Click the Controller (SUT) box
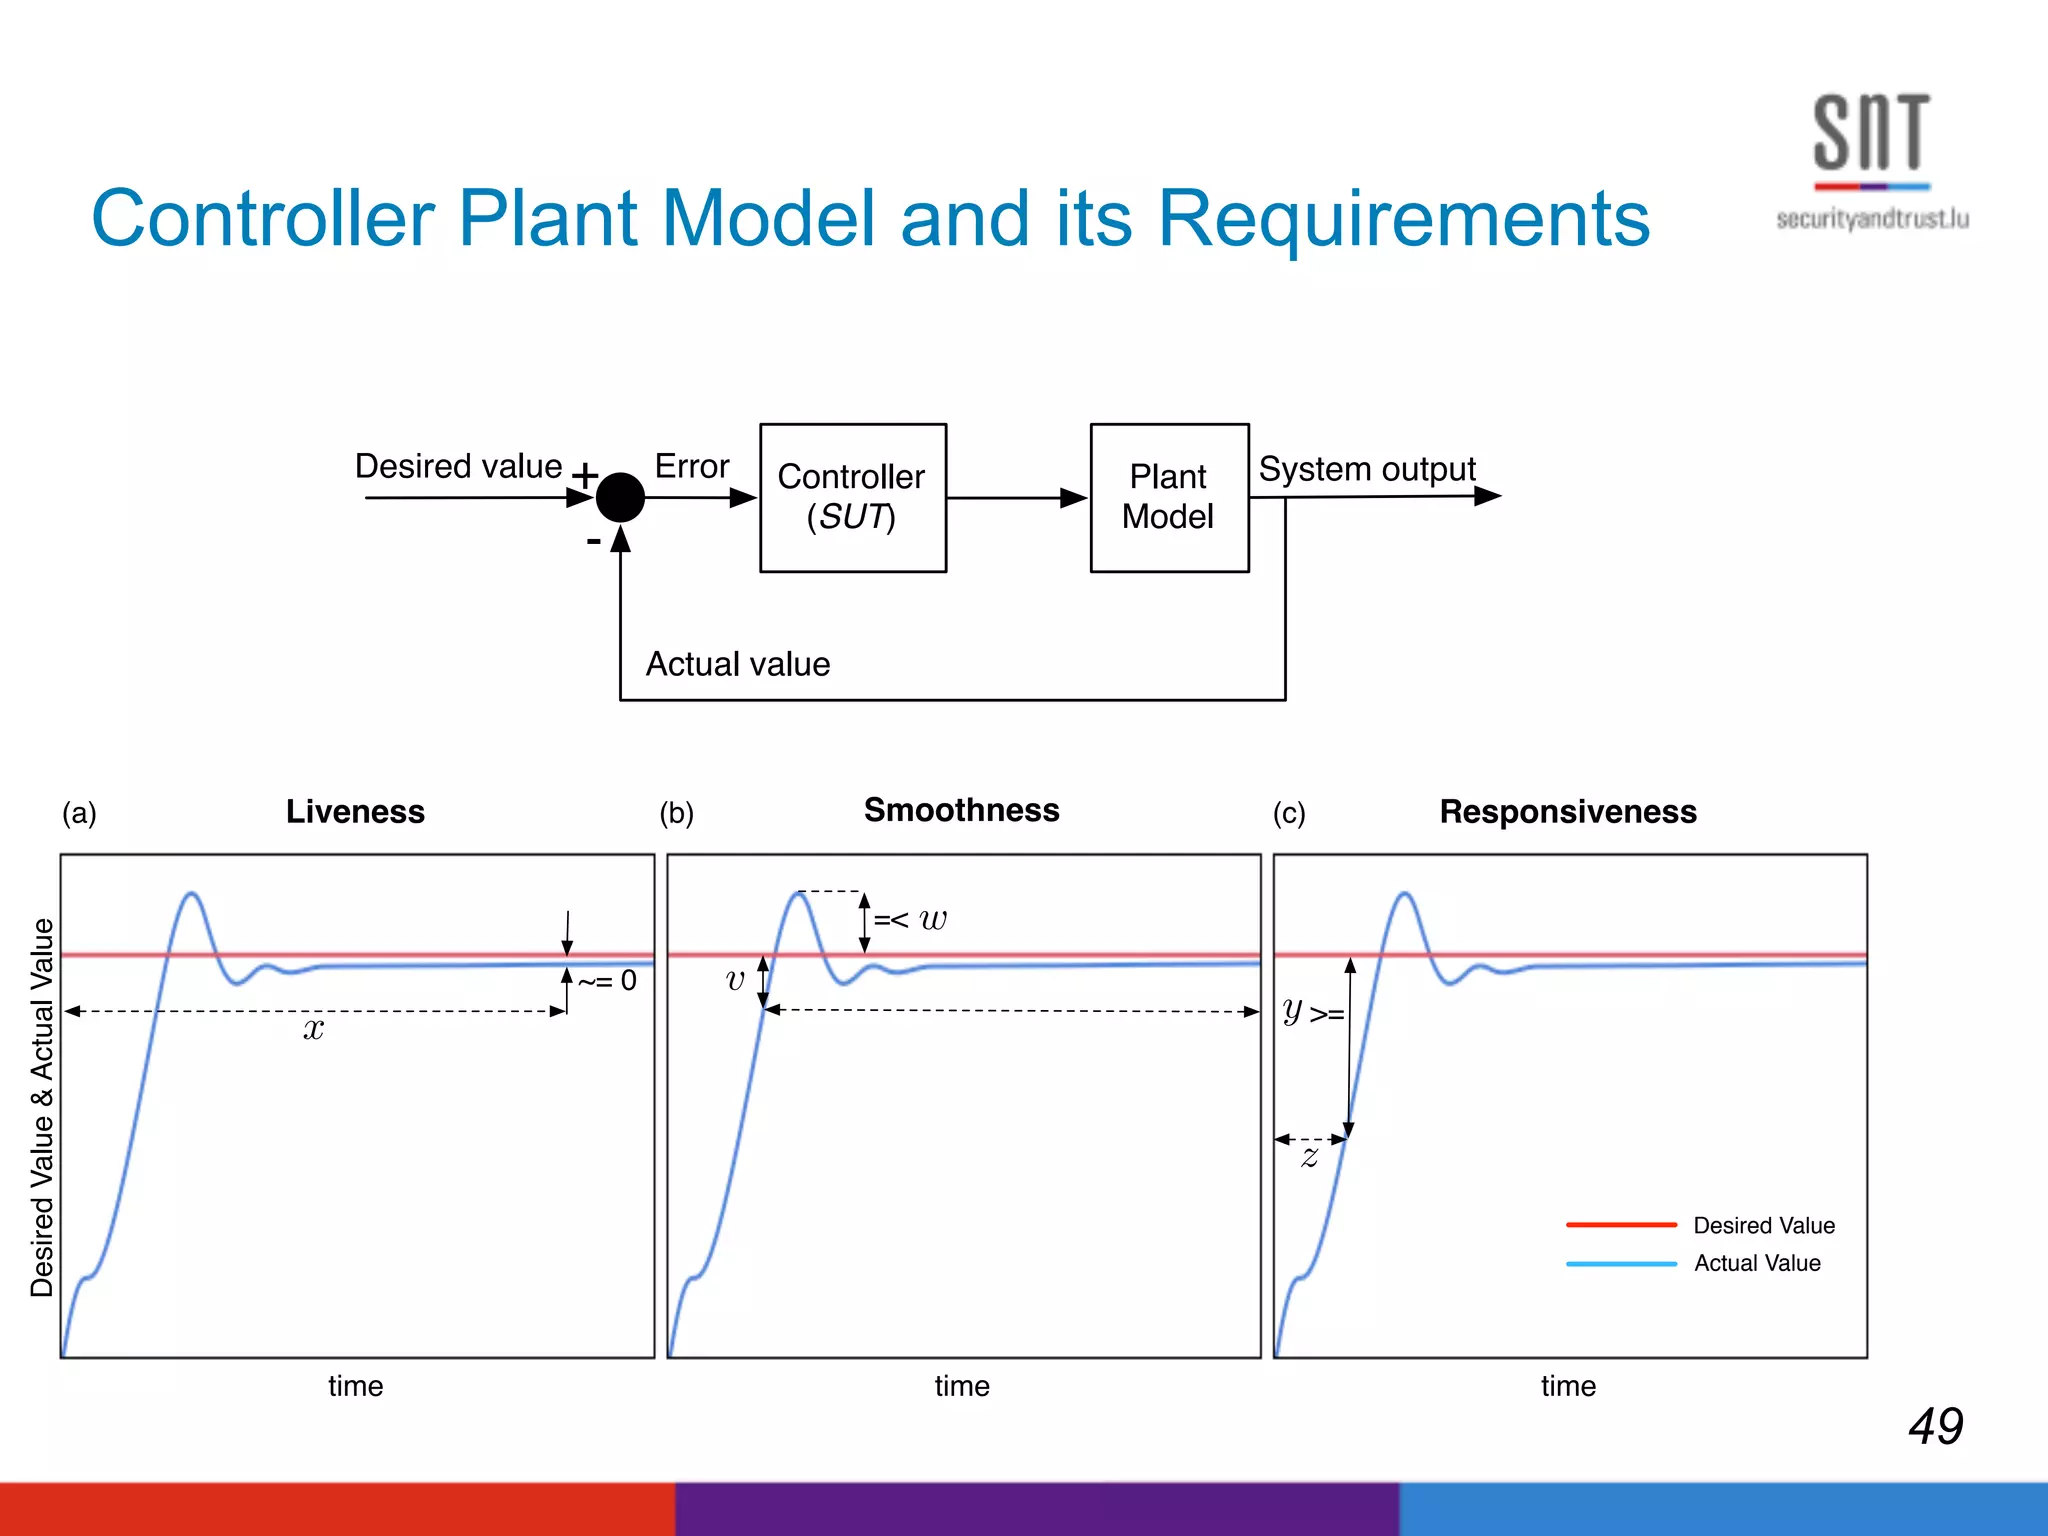pos(852,497)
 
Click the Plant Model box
pos(1168,497)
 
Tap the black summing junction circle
pos(620,497)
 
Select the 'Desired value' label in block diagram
pos(458,466)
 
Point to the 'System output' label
pos(1366,468)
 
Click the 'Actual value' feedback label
pos(737,664)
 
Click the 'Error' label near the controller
pos(691,466)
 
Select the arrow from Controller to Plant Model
pos(1016,497)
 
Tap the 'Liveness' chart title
pos(355,811)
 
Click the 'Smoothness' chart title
pos(961,810)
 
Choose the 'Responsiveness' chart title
pos(1567,811)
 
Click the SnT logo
pos(1871,160)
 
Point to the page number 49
pos(1935,1425)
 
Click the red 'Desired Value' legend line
pos(1620,1224)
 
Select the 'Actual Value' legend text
pos(1756,1263)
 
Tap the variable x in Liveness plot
pos(313,1029)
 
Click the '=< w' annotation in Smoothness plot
pos(910,919)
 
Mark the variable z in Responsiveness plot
pos(1309,1158)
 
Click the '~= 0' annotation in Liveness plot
pos(608,981)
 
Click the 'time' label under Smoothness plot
pos(961,1386)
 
